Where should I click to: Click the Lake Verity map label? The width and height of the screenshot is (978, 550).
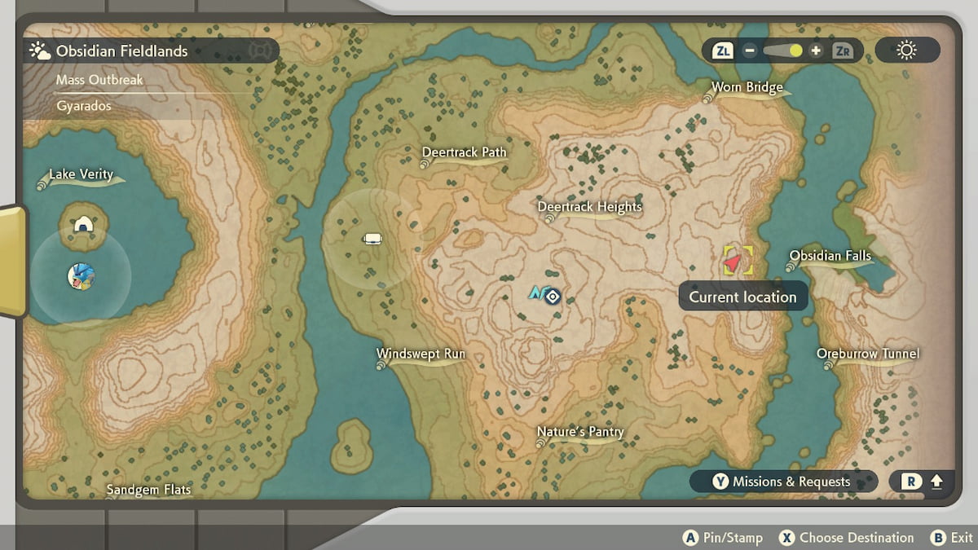(x=81, y=174)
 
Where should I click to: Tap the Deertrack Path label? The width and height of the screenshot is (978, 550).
(x=464, y=152)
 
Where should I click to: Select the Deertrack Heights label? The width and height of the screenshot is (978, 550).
(x=589, y=207)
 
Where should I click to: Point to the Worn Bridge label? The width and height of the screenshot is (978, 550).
(x=747, y=87)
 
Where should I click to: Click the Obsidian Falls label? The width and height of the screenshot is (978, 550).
(x=830, y=256)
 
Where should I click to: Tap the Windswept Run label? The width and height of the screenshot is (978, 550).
(x=421, y=354)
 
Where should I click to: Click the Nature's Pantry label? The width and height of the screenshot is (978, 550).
(x=579, y=432)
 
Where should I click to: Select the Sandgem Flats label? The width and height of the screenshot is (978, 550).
(x=149, y=490)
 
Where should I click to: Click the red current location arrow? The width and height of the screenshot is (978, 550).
(x=734, y=262)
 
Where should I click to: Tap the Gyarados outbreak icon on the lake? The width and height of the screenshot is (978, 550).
(x=81, y=275)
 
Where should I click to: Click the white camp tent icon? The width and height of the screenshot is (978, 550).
(x=372, y=239)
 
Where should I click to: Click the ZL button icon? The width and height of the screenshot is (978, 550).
(x=723, y=51)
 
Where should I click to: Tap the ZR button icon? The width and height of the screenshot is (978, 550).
(x=843, y=51)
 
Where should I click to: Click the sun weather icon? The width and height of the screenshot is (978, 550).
(x=906, y=51)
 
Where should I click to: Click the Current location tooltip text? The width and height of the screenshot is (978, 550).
(x=742, y=297)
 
